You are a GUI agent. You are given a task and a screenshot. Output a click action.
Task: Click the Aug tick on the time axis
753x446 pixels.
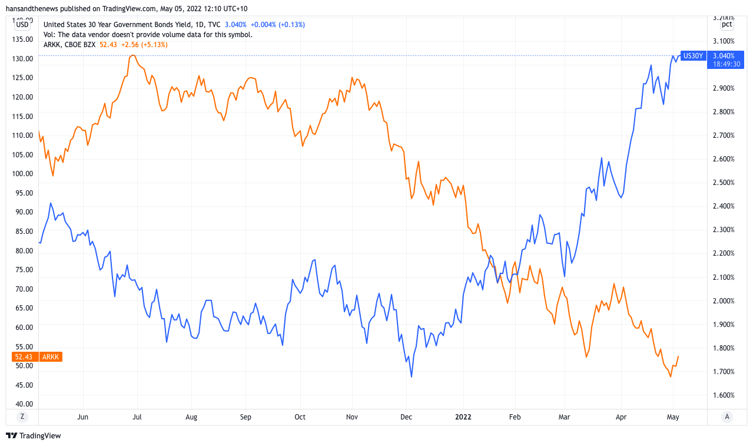pos(191,417)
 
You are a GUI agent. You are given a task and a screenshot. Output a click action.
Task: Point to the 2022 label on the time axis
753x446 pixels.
pos(463,417)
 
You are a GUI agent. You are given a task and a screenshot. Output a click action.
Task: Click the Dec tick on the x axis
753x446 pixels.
pos(406,417)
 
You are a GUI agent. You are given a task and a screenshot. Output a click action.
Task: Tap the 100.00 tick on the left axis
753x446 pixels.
pos(24,173)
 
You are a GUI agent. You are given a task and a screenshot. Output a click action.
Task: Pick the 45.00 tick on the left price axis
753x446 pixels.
pos(24,385)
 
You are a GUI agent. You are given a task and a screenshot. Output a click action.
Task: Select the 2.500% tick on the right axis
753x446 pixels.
pos(723,183)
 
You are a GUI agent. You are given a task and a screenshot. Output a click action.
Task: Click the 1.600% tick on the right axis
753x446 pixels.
pos(723,395)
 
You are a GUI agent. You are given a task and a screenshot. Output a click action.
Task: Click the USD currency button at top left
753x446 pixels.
pos(22,24)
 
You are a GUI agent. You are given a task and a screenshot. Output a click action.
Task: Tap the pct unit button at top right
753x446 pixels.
pos(727,24)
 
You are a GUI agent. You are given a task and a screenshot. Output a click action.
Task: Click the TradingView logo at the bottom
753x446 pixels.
pos(34,436)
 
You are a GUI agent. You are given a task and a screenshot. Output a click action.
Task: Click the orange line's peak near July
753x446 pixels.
pos(132,55)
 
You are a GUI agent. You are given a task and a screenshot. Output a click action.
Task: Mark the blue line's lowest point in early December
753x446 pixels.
pos(412,376)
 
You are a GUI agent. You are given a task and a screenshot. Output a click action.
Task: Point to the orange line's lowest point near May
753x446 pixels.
pos(671,376)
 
